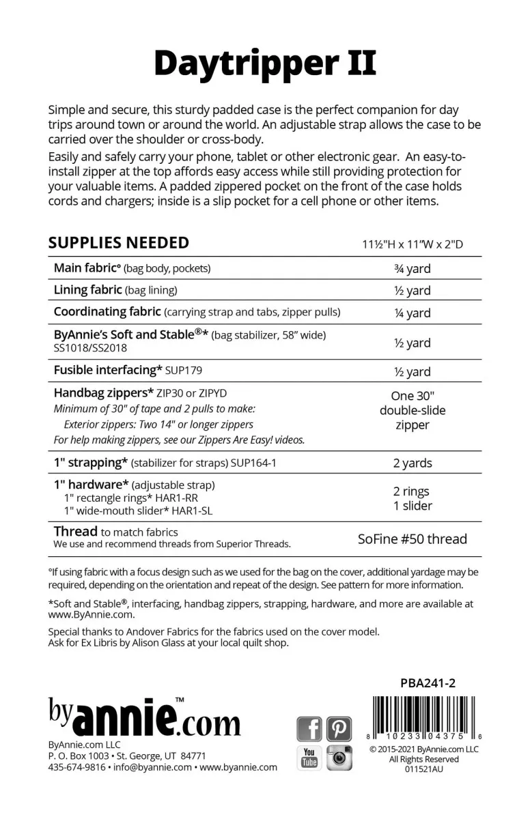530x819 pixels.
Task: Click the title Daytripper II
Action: pyautogui.click(x=265, y=63)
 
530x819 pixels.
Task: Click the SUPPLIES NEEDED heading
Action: pyautogui.click(x=119, y=243)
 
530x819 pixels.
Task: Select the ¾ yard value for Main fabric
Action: pyautogui.click(x=413, y=269)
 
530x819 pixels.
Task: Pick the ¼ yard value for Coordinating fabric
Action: pyautogui.click(x=413, y=313)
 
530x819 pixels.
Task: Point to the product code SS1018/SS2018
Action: pyautogui.click(x=90, y=348)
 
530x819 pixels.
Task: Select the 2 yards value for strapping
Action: pyautogui.click(x=413, y=463)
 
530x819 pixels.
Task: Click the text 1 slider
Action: pyautogui.click(x=413, y=506)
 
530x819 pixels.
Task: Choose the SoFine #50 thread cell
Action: pyautogui.click(x=413, y=538)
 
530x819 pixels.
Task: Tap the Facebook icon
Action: pyautogui.click(x=309, y=729)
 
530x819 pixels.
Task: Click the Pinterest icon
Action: pyautogui.click(x=339, y=729)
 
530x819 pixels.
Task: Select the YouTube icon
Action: pyautogui.click(x=309, y=757)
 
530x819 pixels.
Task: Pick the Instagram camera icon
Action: pyautogui.click(x=339, y=757)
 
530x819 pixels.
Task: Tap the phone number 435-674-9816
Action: pyautogui.click(x=77, y=767)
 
